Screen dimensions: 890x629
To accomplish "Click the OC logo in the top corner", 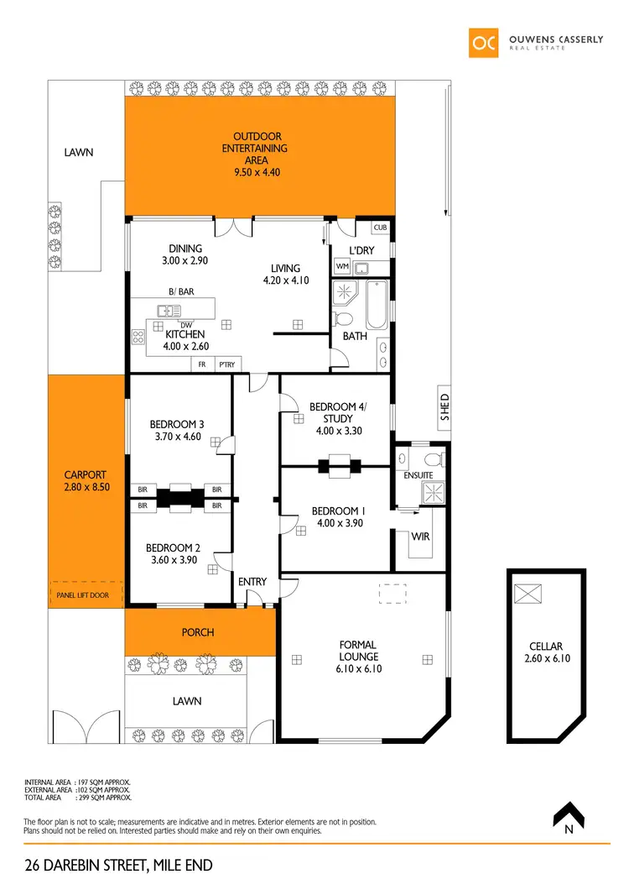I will (485, 43).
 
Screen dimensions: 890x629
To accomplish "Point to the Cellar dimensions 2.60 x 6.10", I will (546, 658).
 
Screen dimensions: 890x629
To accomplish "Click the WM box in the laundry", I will (342, 267).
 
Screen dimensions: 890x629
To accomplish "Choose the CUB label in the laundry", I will (380, 228).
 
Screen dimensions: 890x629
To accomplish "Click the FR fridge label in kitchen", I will (201, 364).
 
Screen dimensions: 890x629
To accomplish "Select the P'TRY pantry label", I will (225, 364).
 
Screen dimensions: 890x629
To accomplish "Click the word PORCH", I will (199, 632).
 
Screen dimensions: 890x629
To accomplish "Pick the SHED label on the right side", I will (445, 406).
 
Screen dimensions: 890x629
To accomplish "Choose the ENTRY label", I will (252, 582).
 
